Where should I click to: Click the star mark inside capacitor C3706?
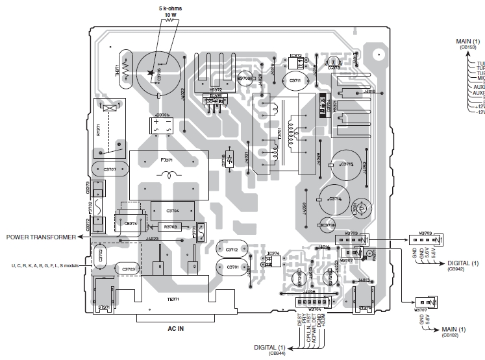tap(151, 73)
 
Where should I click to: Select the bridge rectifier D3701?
tap(162, 125)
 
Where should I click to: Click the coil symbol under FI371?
tap(170, 174)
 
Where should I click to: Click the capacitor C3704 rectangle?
tap(173, 211)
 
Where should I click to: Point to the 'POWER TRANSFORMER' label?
tap(41, 237)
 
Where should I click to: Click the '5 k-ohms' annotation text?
tap(171, 8)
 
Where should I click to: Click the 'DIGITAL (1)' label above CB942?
tap(462, 263)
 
